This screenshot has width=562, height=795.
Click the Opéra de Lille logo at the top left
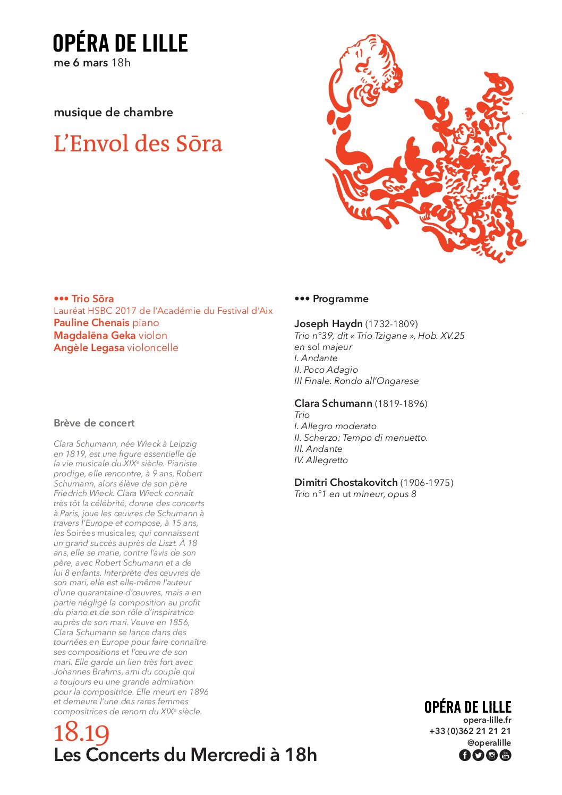120,44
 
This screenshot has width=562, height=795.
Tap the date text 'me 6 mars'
81,63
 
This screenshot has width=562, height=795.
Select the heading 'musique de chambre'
113,113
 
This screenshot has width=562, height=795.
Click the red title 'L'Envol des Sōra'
138,144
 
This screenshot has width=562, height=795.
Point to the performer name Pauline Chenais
91,323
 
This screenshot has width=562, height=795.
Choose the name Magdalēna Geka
95,336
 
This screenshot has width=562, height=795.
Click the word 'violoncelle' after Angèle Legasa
152,348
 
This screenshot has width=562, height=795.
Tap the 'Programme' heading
340,299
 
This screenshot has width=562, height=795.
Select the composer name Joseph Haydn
328,324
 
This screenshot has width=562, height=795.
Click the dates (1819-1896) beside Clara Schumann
401,404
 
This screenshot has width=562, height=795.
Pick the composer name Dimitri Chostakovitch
346,483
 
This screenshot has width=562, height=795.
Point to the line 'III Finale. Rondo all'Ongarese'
356,381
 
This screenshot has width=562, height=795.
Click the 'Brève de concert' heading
94,423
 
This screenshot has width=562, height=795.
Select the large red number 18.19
81,733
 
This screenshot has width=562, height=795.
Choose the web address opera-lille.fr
487,720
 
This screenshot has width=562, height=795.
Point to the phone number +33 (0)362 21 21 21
470,731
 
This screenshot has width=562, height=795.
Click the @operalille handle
489,743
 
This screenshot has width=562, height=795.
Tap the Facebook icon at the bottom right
464,755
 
